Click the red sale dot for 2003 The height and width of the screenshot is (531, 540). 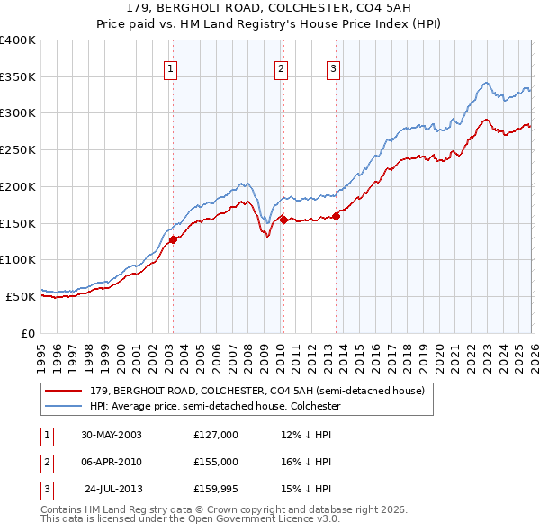tap(174, 238)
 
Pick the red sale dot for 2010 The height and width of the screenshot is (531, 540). tap(283, 219)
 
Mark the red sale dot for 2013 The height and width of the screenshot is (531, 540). tap(336, 215)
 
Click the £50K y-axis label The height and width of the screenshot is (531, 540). tap(21, 296)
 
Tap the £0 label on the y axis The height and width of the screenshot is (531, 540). tap(28, 333)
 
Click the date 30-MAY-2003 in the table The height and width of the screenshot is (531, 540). tap(112, 435)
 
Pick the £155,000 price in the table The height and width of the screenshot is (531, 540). tap(216, 462)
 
